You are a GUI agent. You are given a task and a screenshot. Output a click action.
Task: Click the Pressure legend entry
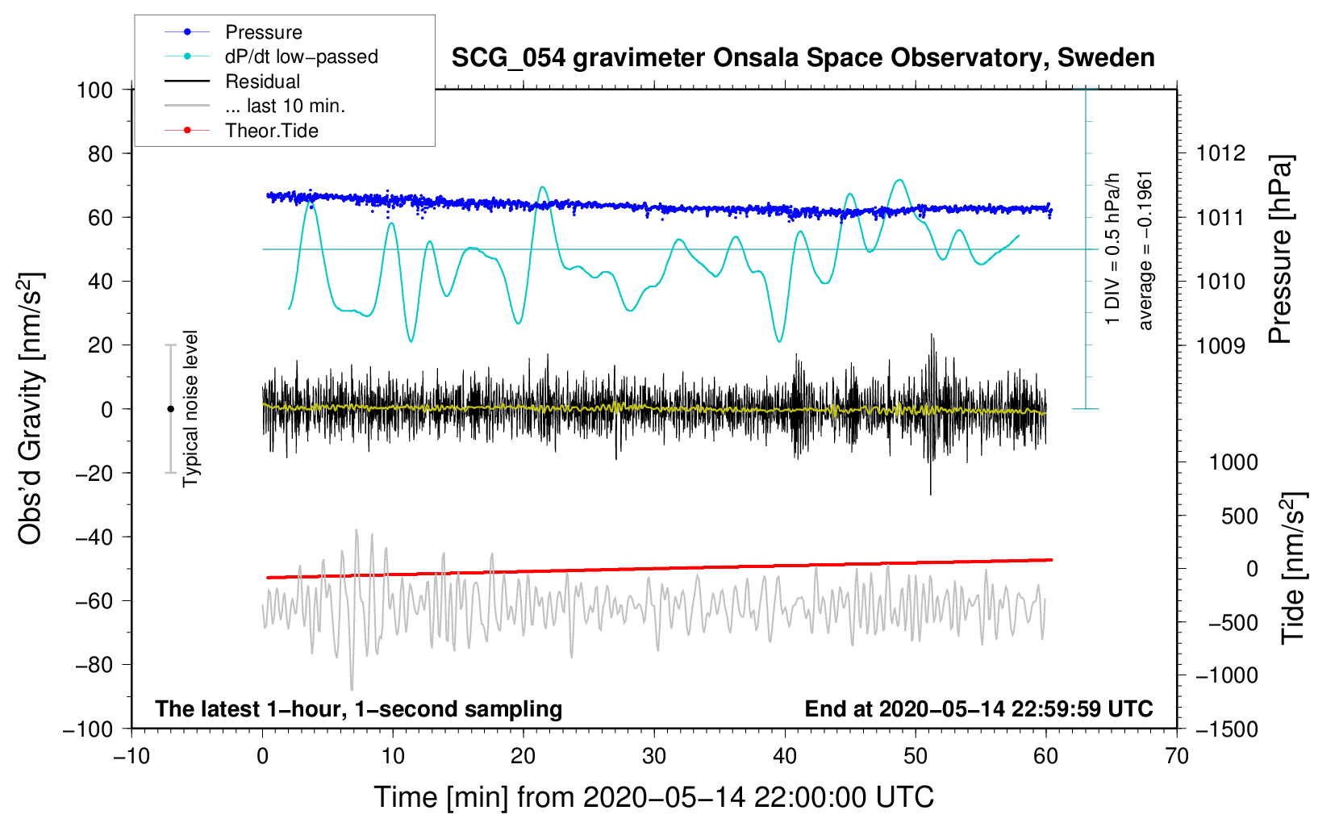(263, 32)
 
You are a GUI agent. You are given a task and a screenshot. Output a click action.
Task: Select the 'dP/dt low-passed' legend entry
(301, 56)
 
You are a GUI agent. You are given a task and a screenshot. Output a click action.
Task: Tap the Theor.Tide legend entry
(271, 131)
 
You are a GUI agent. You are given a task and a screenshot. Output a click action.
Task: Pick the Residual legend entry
(262, 81)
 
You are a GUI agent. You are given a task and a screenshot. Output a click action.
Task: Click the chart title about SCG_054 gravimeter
(803, 58)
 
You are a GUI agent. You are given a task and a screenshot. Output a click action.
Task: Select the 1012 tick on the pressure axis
(1220, 153)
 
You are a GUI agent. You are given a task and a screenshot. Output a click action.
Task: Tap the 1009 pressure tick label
(1220, 345)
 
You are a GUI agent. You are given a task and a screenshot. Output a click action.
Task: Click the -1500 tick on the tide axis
(1226, 729)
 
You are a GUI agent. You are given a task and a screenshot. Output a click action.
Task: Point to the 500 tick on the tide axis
(1240, 516)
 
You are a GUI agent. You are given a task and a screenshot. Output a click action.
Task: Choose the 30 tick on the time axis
(654, 756)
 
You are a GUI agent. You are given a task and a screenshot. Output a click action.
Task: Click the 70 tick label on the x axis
(1177, 756)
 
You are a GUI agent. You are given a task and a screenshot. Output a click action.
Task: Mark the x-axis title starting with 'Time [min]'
(654, 797)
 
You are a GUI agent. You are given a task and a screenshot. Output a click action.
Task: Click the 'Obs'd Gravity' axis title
(31, 408)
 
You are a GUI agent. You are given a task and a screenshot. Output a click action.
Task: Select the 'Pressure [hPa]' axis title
(1281, 249)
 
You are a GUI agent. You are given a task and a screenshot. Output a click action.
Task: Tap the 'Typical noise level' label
(190, 408)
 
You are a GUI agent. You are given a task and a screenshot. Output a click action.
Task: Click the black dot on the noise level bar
(170, 409)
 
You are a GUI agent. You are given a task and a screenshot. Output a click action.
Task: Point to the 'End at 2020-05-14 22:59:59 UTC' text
(978, 708)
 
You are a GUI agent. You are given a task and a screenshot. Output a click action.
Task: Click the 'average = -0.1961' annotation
(1145, 250)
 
